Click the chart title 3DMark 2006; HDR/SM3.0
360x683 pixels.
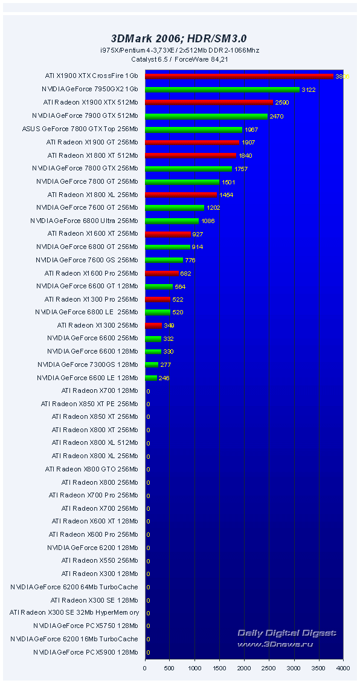[179, 38]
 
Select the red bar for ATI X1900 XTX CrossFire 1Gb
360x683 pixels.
[239, 77]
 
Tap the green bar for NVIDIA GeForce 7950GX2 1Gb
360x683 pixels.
[222, 89]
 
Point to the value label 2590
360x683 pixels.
[281, 103]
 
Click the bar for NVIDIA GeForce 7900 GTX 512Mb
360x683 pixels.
[206, 116]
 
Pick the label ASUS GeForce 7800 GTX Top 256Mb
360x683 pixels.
[80, 129]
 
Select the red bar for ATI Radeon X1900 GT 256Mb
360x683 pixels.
[192, 142]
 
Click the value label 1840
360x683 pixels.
[245, 155]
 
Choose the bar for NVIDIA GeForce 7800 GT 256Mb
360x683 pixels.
[182, 181]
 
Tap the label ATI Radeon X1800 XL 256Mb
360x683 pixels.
[92, 195]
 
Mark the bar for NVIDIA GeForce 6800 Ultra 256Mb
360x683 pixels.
[172, 221]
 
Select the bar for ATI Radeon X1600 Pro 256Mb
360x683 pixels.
[162, 273]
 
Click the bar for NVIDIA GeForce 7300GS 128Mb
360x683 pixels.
[152, 364]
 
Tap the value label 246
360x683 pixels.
[164, 378]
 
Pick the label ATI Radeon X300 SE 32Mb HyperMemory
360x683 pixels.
[74, 613]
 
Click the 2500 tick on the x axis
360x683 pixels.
[269, 668]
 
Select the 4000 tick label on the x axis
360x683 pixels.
[343, 668]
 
